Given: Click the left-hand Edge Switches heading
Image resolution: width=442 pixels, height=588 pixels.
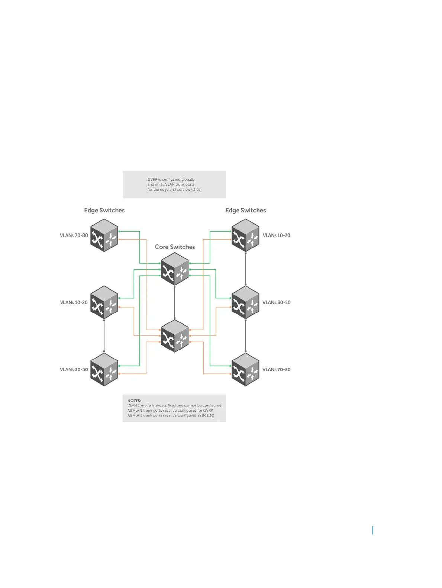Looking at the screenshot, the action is (104, 210).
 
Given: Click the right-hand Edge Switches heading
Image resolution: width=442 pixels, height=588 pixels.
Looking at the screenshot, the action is (245, 210).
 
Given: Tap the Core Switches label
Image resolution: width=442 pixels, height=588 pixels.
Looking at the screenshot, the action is (175, 247).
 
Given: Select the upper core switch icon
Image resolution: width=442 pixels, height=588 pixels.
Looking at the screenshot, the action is (175, 269).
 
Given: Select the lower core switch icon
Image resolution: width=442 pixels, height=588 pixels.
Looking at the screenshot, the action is (175, 336).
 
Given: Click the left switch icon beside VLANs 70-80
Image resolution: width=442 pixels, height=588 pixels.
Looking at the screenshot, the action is (104, 235).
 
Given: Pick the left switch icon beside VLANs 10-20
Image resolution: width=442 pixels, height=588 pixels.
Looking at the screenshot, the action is (104, 302).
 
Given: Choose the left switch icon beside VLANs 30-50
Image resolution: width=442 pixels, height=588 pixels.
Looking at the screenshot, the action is (104, 369).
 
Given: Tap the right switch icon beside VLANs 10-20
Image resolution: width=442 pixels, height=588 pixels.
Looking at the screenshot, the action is (245, 235).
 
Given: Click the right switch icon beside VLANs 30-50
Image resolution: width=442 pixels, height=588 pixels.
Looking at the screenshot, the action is (245, 302).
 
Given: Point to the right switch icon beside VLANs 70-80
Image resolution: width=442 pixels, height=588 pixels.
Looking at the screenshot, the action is (245, 369).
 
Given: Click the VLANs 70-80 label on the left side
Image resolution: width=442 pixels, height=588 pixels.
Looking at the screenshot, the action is (74, 235).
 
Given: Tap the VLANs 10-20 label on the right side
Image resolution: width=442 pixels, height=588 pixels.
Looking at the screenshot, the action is (276, 235).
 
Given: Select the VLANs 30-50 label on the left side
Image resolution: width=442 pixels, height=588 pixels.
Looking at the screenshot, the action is (74, 370).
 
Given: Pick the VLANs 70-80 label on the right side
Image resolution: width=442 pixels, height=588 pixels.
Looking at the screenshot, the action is (276, 370).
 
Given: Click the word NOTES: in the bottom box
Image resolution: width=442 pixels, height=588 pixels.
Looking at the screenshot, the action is (134, 401).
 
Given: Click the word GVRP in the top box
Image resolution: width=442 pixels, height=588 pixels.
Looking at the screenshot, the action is (152, 180).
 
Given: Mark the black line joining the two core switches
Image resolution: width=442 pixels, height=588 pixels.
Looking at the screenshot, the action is (175, 302).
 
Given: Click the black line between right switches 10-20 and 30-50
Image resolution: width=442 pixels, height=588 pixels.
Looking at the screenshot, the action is (245, 269).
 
